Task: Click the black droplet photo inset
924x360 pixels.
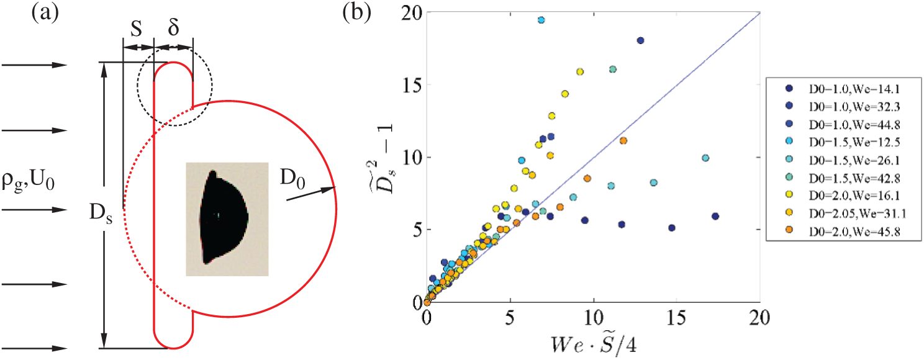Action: click(x=226, y=218)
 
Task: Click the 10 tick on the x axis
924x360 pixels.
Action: click(x=594, y=317)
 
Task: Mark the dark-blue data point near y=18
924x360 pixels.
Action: click(x=641, y=40)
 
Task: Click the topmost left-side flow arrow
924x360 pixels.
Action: click(x=34, y=65)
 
